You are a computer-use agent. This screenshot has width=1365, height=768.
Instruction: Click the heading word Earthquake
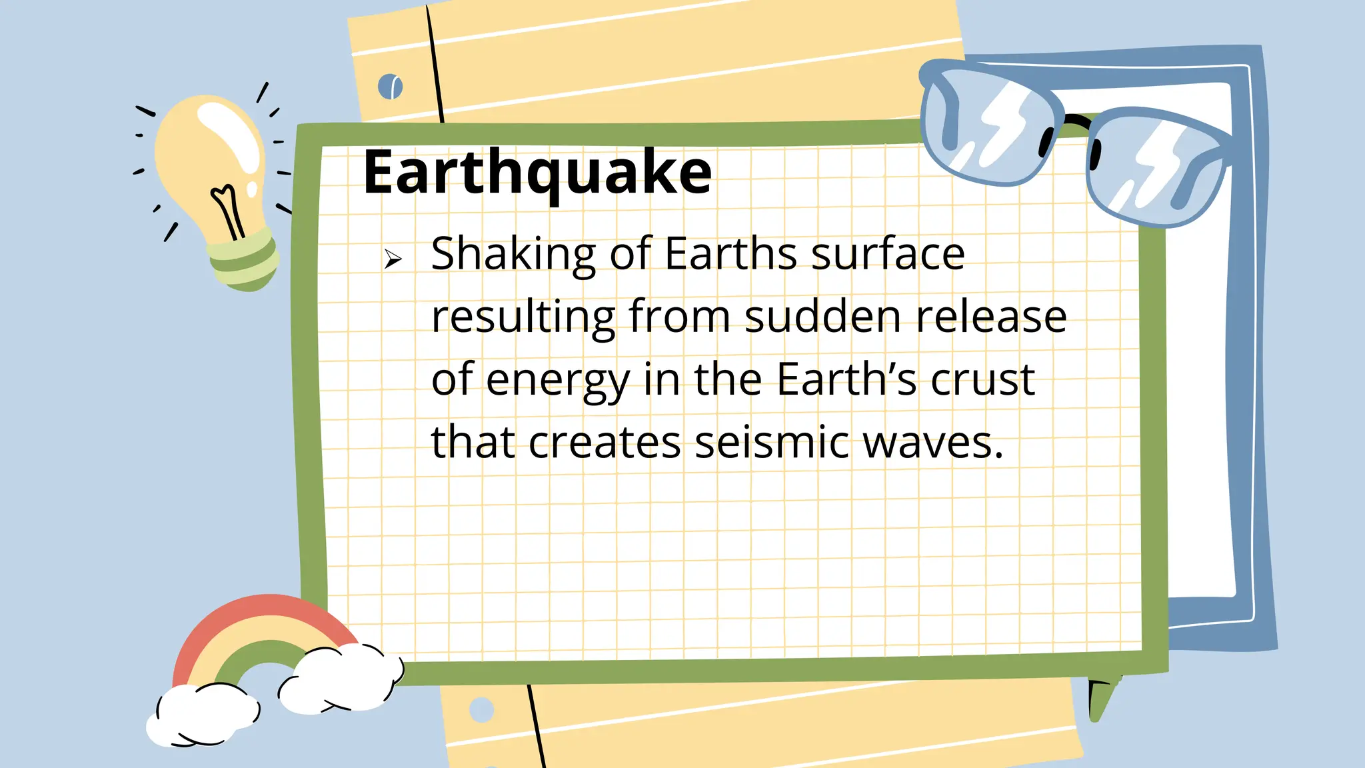tap(537, 172)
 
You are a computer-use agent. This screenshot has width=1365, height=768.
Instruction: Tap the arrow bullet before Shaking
tap(393, 259)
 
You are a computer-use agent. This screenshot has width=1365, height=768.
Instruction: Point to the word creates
tap(605, 442)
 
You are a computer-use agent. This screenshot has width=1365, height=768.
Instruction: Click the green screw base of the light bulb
tap(243, 263)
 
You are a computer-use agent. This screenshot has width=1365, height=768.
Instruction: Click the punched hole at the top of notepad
tap(391, 87)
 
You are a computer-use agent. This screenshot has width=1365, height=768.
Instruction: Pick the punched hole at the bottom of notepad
tap(481, 709)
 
